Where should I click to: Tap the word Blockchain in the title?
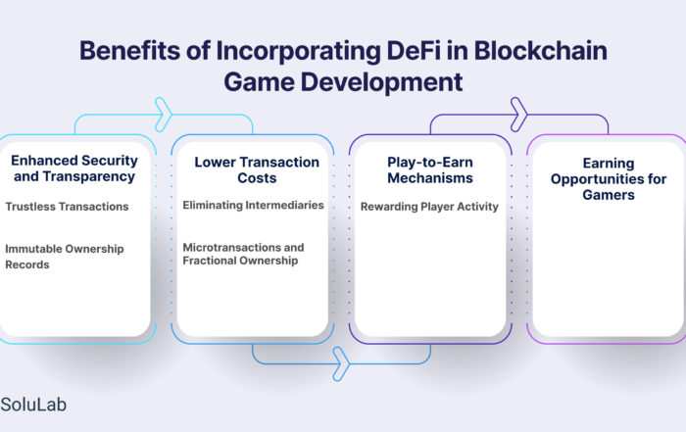coord(540,51)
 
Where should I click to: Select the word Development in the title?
coord(381,82)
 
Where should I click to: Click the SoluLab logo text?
coord(33,405)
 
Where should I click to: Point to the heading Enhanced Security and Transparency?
coord(74,168)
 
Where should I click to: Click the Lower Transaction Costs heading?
coord(257,170)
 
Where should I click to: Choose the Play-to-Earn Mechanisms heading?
coord(430,170)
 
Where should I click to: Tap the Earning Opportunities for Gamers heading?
coord(609,179)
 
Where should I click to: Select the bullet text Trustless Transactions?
coord(67,207)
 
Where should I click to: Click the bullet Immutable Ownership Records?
coord(65,257)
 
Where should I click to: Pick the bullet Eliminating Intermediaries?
coord(253,205)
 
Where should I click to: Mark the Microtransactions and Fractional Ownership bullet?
coord(243,254)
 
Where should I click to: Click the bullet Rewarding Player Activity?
coord(429,207)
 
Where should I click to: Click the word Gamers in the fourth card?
coord(609,195)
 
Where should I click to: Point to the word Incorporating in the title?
coord(299,51)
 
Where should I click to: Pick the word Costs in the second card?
coord(257,178)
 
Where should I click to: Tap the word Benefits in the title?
coord(129,51)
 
